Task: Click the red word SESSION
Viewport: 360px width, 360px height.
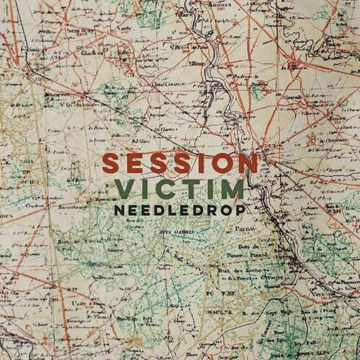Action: [180, 164]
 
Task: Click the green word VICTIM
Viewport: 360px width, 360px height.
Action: [180, 189]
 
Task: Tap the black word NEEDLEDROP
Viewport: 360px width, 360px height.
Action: [180, 210]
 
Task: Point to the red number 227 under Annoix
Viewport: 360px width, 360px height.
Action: [219, 10]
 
